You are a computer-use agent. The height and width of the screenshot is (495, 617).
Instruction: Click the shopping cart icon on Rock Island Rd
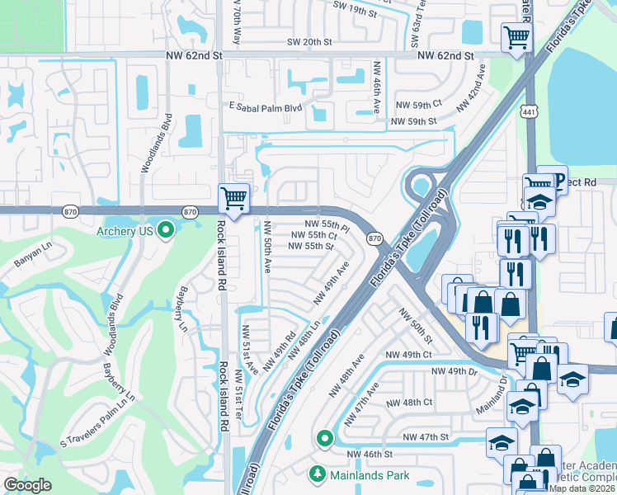tap(233, 199)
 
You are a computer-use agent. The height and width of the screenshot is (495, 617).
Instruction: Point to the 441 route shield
tap(529, 110)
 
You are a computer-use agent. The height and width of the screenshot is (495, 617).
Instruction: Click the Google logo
tap(27, 485)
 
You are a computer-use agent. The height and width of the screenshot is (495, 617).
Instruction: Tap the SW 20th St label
tap(308, 42)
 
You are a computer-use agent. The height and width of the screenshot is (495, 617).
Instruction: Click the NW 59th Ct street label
tap(417, 105)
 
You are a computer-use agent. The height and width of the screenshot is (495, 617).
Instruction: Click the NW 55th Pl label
tap(327, 224)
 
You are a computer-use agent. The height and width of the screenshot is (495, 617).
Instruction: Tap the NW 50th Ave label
tap(267, 247)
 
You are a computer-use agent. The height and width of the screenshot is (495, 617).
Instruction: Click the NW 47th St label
tap(426, 436)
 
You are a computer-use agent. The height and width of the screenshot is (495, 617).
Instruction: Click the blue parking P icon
tap(558, 180)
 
